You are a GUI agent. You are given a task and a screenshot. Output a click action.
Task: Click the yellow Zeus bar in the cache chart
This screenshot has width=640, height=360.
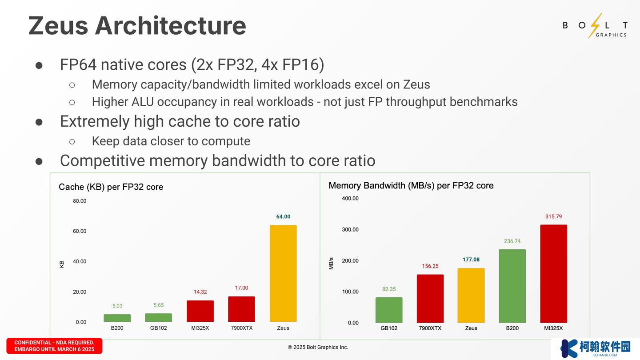coord(283,273)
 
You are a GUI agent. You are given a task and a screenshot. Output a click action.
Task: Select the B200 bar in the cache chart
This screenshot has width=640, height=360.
coord(117,318)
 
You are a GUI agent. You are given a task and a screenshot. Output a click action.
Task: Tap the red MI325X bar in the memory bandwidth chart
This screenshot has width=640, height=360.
coord(553,273)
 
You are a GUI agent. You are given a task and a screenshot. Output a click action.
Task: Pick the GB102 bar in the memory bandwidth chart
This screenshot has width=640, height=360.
coord(389,310)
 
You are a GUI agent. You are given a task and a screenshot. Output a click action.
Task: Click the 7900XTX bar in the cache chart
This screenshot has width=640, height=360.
coord(241,309)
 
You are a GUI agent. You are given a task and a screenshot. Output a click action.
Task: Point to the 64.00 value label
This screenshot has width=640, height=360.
coord(283,216)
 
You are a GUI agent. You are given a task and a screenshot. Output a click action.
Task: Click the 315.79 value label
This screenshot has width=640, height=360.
coord(553,216)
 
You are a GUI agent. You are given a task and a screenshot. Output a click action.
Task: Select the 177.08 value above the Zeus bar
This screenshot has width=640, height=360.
coord(471,260)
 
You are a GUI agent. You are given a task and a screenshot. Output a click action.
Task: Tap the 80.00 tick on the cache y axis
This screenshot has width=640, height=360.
coord(80,201)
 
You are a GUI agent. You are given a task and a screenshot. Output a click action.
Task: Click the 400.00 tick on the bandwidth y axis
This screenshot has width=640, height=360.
coord(350,198)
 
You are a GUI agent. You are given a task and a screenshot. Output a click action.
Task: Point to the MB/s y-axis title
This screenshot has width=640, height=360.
coord(331,263)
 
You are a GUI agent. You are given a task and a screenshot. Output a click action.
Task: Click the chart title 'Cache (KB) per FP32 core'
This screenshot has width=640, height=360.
coord(111,187)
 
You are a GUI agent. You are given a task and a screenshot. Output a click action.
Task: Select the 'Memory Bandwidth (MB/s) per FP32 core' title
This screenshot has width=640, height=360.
coord(411,186)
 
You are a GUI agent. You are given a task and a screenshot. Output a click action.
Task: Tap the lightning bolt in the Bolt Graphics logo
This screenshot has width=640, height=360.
coord(595,25)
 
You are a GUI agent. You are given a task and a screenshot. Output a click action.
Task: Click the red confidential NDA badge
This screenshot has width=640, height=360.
coord(54,346)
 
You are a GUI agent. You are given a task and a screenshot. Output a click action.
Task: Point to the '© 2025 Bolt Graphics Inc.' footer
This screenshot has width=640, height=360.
coord(318,347)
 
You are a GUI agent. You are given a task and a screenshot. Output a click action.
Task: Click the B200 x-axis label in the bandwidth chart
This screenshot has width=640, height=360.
coord(512,328)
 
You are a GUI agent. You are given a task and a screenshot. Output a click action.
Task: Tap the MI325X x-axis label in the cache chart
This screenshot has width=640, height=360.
coord(200,328)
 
